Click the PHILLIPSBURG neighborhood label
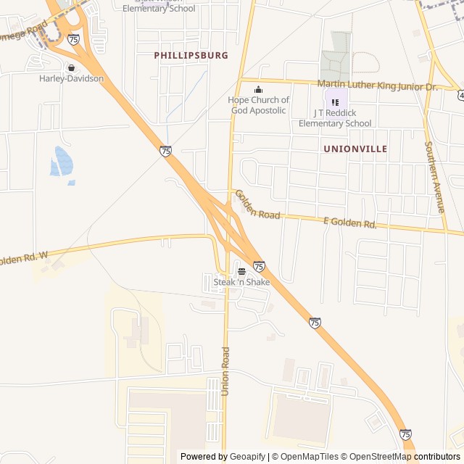click(191, 55)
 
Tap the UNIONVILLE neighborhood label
click(355, 149)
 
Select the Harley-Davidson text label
click(71, 78)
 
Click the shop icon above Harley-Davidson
click(71, 68)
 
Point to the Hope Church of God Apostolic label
click(258, 105)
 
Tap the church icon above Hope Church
click(258, 90)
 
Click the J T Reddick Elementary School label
click(335, 118)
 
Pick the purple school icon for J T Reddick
click(335, 102)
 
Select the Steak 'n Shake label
click(241, 281)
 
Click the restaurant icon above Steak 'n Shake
click(241, 271)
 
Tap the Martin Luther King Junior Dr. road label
click(378, 86)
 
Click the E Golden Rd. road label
click(350, 223)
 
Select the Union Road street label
click(225, 370)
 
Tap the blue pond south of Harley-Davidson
click(61, 161)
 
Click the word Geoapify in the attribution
click(248, 457)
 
